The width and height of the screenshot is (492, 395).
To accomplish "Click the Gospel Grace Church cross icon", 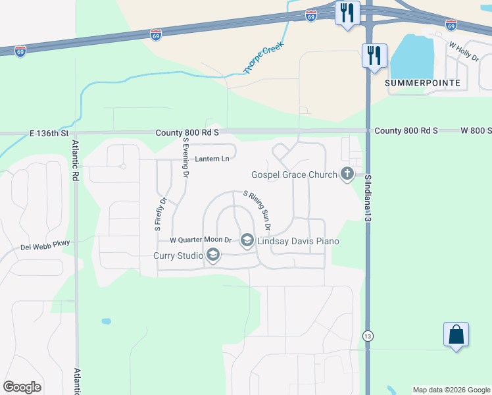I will (x=347, y=174).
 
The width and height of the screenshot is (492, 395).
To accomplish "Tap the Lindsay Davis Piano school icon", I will (x=247, y=241).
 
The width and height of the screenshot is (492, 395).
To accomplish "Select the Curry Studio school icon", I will (x=212, y=255).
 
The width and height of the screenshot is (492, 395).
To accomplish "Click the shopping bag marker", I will (x=456, y=335).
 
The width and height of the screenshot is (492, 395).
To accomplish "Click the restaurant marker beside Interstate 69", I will (x=347, y=13).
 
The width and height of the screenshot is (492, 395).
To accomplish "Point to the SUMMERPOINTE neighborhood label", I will (x=423, y=84).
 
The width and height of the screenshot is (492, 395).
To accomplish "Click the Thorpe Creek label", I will (x=258, y=59).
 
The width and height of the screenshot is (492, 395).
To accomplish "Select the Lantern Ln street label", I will (x=212, y=159).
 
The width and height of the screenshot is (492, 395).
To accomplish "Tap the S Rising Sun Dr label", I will (x=258, y=210).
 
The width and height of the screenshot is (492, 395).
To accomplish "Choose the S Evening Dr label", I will (x=186, y=159).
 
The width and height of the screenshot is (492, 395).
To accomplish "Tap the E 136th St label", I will (x=49, y=133).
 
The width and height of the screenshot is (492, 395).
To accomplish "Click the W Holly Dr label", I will (x=464, y=52).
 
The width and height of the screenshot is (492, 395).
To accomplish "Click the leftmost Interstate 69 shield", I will (x=21, y=51).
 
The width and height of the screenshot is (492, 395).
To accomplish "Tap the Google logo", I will (x=22, y=387).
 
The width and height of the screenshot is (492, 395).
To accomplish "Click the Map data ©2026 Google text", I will (x=451, y=390).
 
